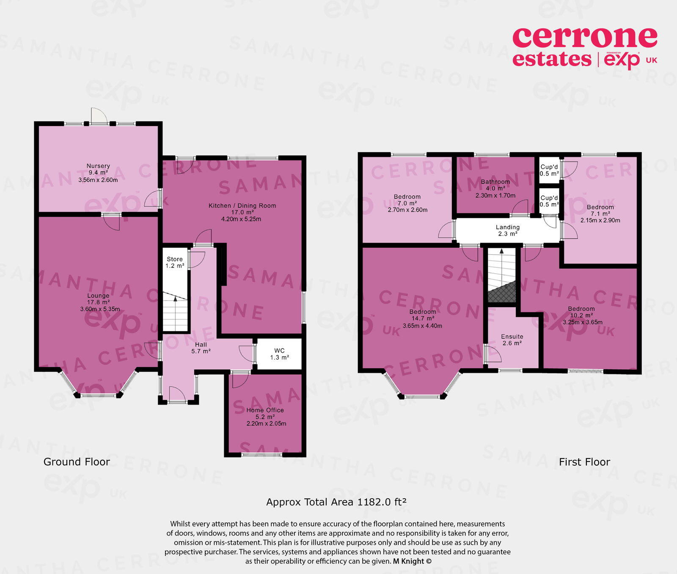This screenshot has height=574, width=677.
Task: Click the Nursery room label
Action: pyautogui.click(x=98, y=166)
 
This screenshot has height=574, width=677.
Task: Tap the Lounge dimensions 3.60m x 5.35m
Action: pyautogui.click(x=100, y=309)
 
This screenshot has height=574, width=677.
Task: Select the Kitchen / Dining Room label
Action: pyautogui.click(x=242, y=206)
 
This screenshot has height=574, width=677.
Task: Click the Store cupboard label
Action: pyautogui.click(x=175, y=259)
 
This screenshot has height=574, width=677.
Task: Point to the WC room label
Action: pyautogui.click(x=279, y=351)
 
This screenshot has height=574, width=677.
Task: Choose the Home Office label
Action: pyautogui.click(x=265, y=410)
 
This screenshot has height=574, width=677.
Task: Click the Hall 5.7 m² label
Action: pyautogui.click(x=201, y=348)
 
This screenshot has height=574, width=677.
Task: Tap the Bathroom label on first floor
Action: pyautogui.click(x=495, y=182)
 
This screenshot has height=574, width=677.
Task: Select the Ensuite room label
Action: pyautogui.click(x=512, y=337)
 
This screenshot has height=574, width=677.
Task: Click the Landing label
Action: pyautogui.click(x=508, y=228)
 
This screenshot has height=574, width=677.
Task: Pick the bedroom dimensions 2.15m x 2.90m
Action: pyautogui.click(x=600, y=220)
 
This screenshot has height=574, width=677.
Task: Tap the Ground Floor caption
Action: pyautogui.click(x=77, y=462)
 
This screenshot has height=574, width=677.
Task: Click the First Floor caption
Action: pyautogui.click(x=584, y=462)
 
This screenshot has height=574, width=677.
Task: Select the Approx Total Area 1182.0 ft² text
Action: pyautogui.click(x=336, y=502)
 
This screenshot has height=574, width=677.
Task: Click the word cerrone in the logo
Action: pyautogui.click(x=584, y=38)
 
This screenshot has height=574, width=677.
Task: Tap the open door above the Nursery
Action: pyautogui.click(x=99, y=115)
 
